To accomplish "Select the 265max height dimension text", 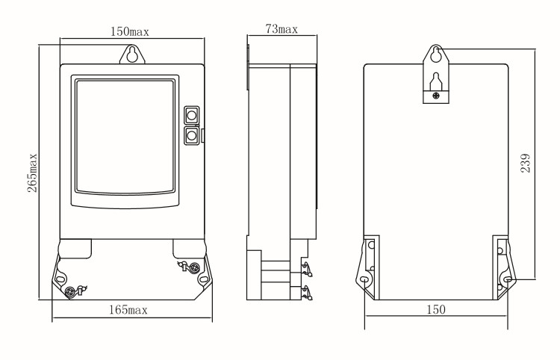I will pyautogui.click(x=32, y=174).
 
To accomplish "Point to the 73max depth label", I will pyautogui.click(x=281, y=29).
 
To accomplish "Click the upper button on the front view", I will pyautogui.click(x=191, y=115).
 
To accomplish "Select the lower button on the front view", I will pyautogui.click(x=191, y=135).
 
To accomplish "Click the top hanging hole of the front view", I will pyautogui.click(x=132, y=54).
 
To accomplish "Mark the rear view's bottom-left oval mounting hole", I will pyautogui.click(x=364, y=280).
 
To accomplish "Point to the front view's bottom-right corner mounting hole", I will pyautogui.click(x=203, y=279).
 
